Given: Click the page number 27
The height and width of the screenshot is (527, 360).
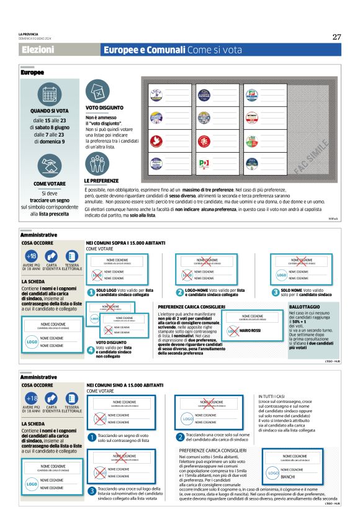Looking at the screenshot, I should [x=336, y=37].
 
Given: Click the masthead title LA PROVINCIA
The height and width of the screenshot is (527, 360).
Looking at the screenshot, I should [x=29, y=32].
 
